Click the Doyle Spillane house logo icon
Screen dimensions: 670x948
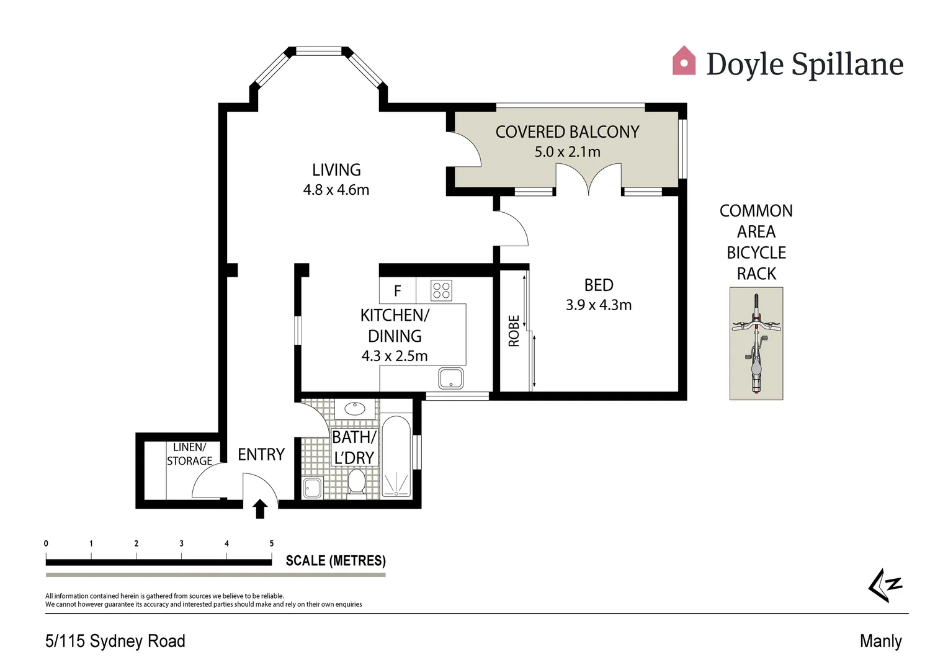[x=684, y=61]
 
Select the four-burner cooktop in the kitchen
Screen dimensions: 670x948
[x=442, y=290]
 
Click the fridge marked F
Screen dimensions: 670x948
[x=397, y=290]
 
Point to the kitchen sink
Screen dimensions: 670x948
[x=451, y=378]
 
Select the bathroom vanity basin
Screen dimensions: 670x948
[x=355, y=409]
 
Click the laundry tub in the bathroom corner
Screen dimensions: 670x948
[x=312, y=488]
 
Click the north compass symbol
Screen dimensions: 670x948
[x=885, y=584]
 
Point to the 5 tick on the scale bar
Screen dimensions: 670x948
[x=271, y=543]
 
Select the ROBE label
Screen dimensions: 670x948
[x=514, y=331]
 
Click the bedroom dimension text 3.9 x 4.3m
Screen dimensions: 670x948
[x=598, y=305]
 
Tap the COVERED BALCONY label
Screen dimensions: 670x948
[x=567, y=132]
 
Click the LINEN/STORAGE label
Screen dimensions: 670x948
[x=190, y=454]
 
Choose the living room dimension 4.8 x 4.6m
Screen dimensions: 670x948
[x=336, y=190]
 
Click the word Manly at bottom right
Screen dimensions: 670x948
[x=880, y=641]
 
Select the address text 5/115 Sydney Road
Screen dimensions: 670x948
[x=115, y=641]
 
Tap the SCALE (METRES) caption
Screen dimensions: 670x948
[x=336, y=561]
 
